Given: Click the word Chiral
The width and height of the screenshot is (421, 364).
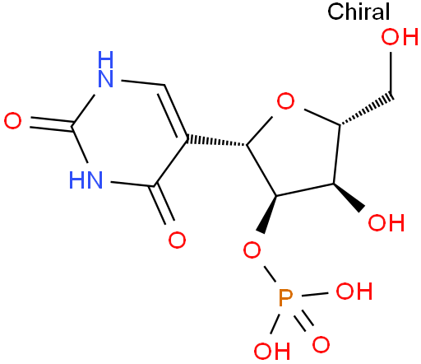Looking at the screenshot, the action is (x=359, y=12).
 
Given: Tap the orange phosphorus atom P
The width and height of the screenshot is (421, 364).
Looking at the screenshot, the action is (x=285, y=298).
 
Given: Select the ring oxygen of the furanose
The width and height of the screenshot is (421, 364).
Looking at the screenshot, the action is (x=285, y=101).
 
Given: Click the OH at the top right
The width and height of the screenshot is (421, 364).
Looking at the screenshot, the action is (x=400, y=37).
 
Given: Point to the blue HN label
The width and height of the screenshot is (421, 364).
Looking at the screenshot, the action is (x=86, y=180).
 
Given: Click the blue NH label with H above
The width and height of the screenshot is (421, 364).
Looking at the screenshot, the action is (x=105, y=69).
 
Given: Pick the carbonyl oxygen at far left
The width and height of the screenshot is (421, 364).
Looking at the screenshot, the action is (x=12, y=121).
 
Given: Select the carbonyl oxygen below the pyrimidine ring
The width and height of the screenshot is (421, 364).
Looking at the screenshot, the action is (x=177, y=240).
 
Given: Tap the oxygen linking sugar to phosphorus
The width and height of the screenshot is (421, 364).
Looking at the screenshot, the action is (x=252, y=250).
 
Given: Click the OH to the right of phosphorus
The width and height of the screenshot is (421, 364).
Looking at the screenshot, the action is (x=354, y=291).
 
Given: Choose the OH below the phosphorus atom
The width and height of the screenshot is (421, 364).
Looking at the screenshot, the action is (x=272, y=351).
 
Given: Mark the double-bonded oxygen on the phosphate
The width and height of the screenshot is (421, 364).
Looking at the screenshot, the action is (x=321, y=344).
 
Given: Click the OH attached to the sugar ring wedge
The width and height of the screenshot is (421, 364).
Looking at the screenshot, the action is (x=386, y=222).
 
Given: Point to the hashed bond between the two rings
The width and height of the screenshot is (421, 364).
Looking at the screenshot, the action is (x=217, y=141).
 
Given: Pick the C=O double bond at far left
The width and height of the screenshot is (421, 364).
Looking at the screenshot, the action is (x=51, y=124).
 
